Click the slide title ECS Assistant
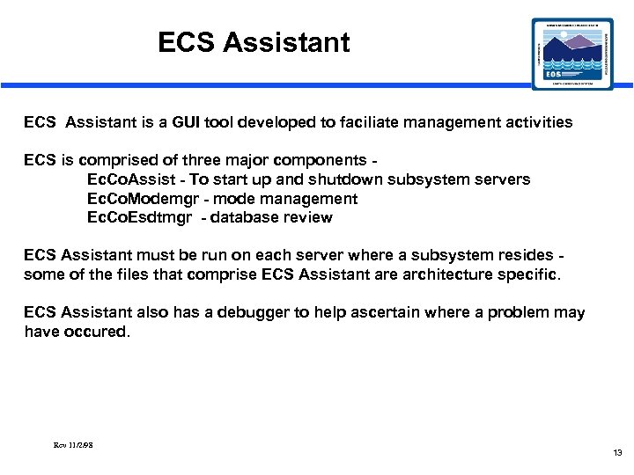click(254, 42)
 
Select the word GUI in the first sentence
click(182, 122)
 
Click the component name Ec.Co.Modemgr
click(141, 199)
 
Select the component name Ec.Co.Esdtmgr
click(139, 217)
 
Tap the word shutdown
click(358, 179)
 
